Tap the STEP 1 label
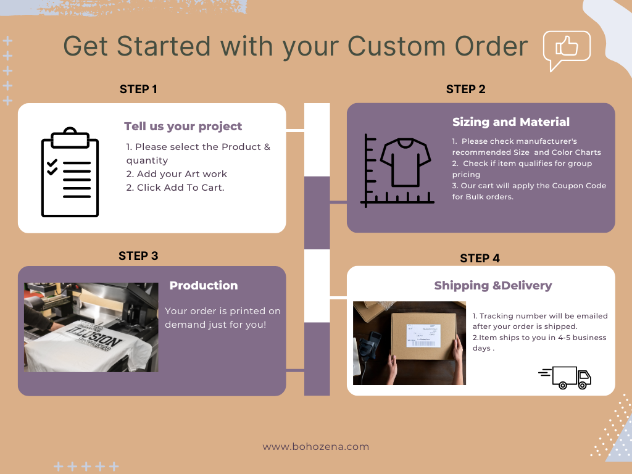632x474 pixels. [138, 89]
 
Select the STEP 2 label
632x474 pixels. [465, 89]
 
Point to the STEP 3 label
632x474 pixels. [138, 256]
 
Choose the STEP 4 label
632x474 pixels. [480, 258]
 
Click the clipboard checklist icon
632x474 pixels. [70, 172]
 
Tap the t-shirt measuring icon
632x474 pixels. [397, 170]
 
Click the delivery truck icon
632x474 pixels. [565, 377]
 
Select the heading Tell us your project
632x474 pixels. [183, 126]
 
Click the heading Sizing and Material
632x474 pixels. [510, 122]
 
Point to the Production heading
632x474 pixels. [204, 285]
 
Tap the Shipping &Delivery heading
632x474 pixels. [493, 285]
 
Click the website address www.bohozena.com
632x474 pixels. [315, 447]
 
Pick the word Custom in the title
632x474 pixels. [397, 46]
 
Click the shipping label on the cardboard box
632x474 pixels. [423, 335]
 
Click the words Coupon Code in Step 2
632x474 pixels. [571, 185]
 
